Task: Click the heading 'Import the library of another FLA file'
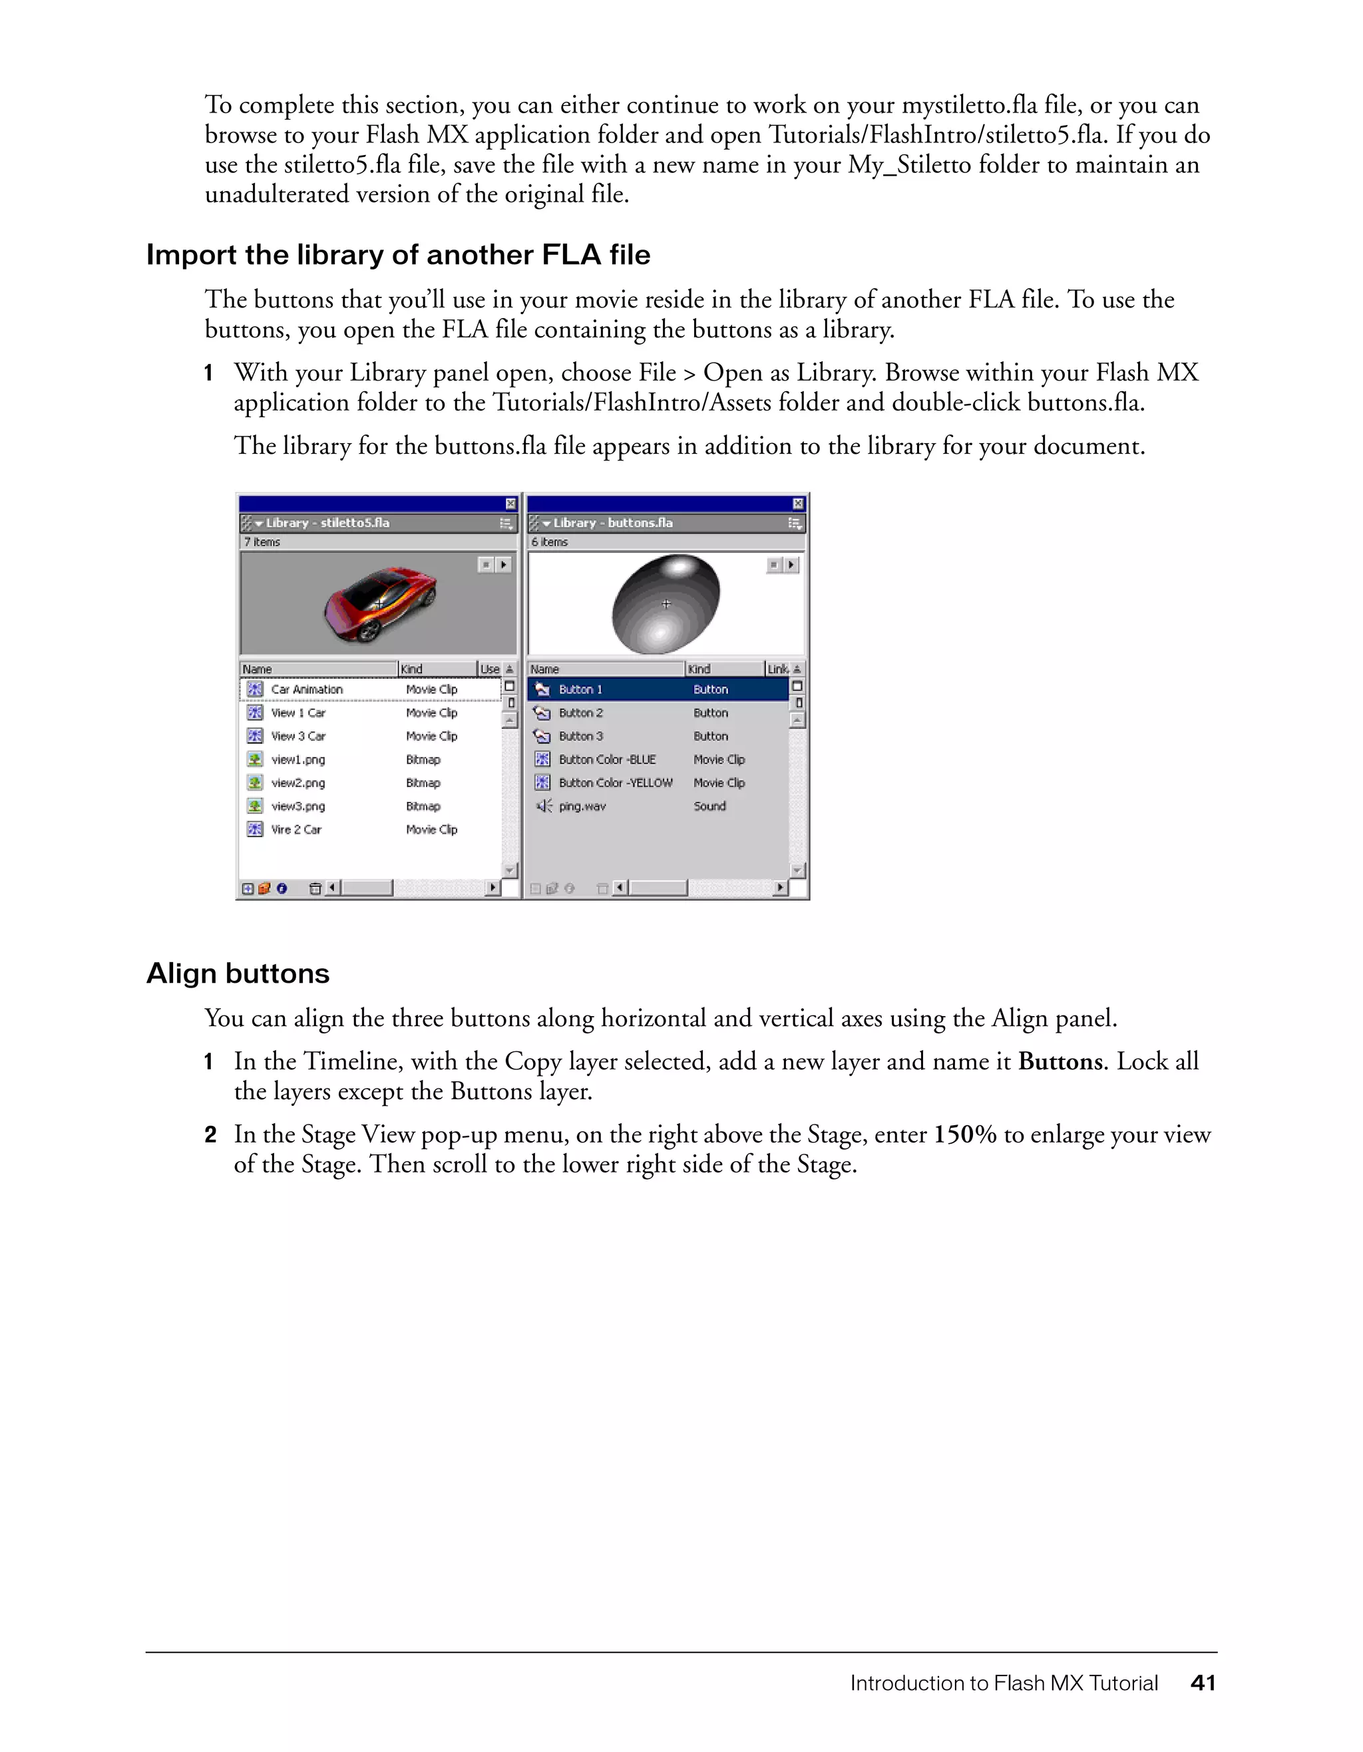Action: point(398,255)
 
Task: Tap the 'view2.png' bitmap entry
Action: point(297,783)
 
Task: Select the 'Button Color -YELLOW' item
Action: point(616,783)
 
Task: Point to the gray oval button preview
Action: point(665,604)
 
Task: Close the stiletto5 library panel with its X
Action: point(510,504)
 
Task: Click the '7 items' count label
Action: point(262,542)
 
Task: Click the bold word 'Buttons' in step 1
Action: point(1061,1061)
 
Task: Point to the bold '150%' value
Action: point(965,1135)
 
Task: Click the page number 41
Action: point(1203,1683)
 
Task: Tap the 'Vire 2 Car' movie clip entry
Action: point(296,830)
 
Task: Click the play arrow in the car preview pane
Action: point(504,565)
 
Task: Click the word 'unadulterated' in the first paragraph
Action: point(277,195)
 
